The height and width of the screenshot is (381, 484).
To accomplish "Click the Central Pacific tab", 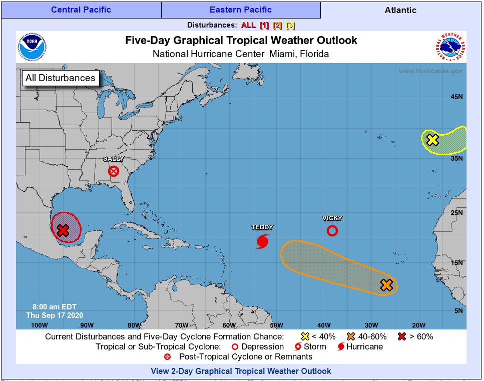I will pos(81,10).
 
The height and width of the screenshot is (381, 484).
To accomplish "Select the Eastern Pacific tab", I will pos(241,10).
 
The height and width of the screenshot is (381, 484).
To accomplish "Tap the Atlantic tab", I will pos(400,10).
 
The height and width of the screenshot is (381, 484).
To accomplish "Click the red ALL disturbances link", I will pos(248,25).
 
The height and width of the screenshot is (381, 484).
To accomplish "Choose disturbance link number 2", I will pos(277,25).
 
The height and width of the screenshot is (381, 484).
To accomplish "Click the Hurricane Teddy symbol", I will pos(262,241).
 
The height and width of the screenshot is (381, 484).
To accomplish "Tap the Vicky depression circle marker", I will pos(332,231).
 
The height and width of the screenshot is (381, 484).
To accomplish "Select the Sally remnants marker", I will pos(114,171).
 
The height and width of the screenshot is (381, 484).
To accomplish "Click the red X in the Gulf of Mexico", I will pos(63,230).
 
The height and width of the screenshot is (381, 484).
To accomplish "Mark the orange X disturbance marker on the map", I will pos(386,285).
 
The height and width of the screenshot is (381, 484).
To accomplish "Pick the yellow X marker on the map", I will pos(432,140).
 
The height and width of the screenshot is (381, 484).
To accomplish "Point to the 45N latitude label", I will pos(456,97).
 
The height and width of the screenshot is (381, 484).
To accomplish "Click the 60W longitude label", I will pos(229,325).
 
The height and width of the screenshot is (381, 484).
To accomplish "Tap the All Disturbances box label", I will pos(60,78).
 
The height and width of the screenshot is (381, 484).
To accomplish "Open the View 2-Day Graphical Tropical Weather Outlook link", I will pos(241,371).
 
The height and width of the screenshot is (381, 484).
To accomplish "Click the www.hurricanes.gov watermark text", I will pos(430,71).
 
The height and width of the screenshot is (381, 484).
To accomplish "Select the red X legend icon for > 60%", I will pos(401,336).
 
